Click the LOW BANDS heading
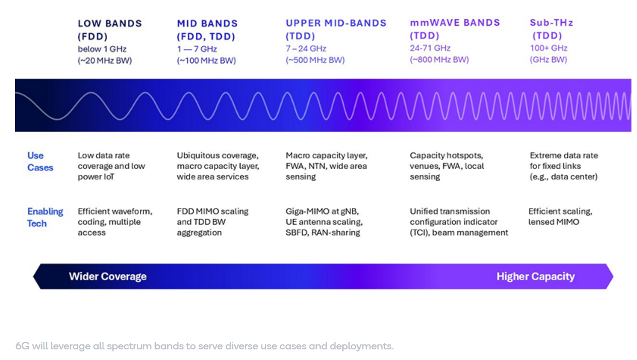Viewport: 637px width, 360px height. tap(110, 24)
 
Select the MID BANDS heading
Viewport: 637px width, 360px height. tap(207, 24)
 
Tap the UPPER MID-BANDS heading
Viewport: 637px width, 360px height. tap(336, 23)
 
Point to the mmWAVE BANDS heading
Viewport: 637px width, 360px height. tap(455, 23)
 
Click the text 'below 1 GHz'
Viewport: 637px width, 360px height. tap(102, 49)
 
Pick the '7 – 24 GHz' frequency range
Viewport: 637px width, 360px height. tap(306, 48)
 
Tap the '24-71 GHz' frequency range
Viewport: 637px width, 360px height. tap(430, 48)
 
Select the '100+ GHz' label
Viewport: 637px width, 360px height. tap(548, 48)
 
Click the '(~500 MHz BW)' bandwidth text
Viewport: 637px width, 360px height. tap(315, 60)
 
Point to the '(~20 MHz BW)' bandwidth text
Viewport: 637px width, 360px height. tap(104, 61)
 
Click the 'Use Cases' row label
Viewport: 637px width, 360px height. tap(40, 162)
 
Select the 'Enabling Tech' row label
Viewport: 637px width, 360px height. tap(45, 217)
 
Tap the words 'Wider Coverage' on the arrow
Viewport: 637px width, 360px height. tap(108, 277)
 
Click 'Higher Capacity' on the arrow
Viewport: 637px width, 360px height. tap(535, 277)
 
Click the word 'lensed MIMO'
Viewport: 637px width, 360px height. tap(554, 222)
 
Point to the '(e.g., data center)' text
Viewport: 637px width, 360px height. tap(563, 177)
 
